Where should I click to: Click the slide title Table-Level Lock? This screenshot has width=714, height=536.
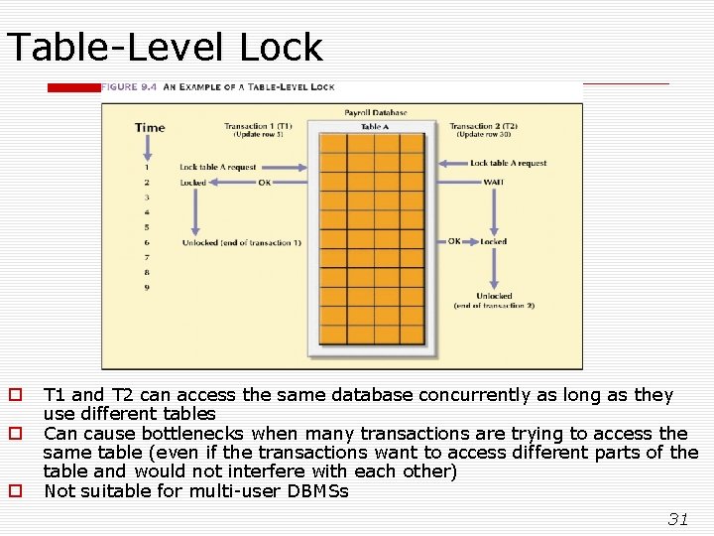tap(165, 47)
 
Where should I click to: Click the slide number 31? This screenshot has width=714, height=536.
tap(678, 518)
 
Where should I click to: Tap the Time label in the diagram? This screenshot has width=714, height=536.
tap(150, 127)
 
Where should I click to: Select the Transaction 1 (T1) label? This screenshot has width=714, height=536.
tap(258, 126)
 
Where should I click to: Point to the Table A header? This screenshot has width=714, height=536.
tap(374, 127)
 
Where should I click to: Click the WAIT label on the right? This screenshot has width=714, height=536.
tap(493, 182)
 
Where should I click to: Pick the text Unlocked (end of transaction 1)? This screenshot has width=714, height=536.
tap(241, 243)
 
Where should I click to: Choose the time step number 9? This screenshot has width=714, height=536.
tap(147, 288)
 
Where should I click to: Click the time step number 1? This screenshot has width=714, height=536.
tap(147, 167)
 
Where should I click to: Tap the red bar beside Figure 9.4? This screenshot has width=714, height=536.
tap(74, 87)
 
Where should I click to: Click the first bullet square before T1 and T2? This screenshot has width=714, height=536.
tap(15, 395)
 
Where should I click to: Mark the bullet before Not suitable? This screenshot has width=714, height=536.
tap(15, 490)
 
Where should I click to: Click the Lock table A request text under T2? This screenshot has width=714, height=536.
tap(508, 164)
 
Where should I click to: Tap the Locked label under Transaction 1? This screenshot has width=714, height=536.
tap(193, 183)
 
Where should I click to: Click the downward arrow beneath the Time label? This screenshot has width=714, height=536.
tap(147, 147)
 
